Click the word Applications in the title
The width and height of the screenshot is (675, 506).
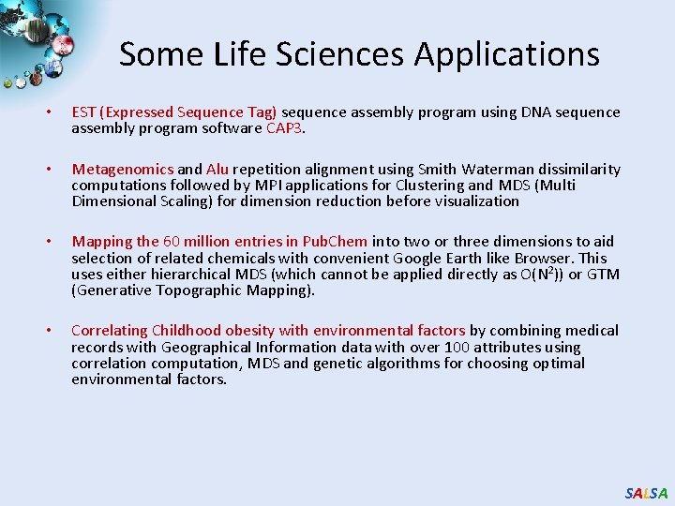[x=506, y=54]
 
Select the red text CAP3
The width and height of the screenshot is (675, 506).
[x=285, y=128]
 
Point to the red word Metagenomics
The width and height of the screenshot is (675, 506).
[x=123, y=170]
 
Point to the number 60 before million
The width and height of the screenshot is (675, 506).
[x=172, y=242]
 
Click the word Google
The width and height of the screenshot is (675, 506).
[x=418, y=258]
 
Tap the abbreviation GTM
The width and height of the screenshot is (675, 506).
[x=603, y=274]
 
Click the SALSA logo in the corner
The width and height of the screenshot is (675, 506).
[x=646, y=493]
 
